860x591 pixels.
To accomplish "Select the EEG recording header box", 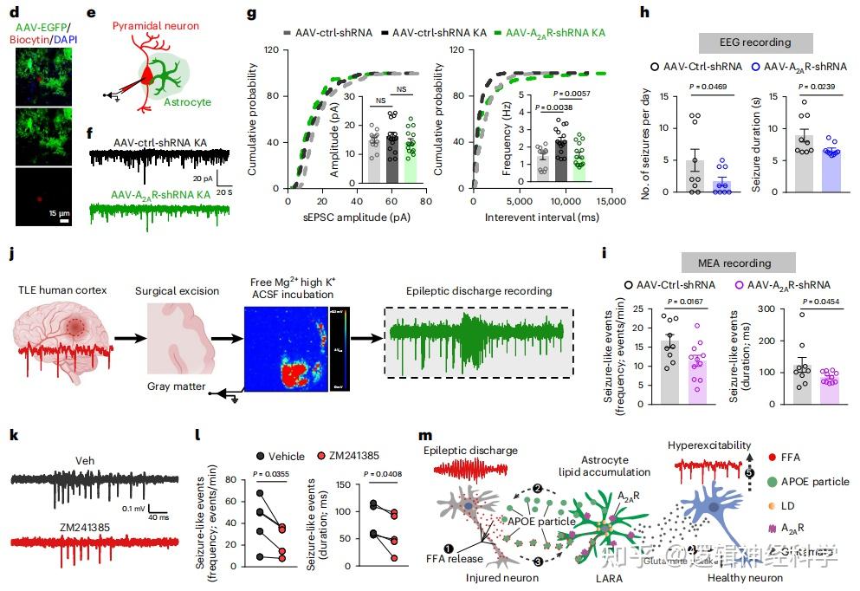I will (x=755, y=42).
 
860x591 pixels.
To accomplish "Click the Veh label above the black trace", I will (x=85, y=460).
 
